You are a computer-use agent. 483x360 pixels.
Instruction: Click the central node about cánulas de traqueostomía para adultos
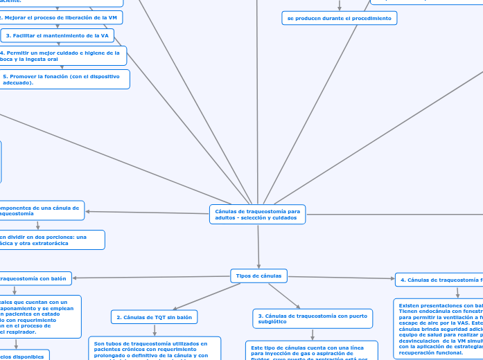[x=257, y=214]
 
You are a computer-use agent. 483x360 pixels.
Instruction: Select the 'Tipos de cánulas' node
[x=258, y=276]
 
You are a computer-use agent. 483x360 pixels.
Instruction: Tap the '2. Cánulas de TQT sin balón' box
[x=155, y=316]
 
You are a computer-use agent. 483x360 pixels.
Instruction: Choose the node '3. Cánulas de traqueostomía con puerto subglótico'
[x=312, y=318]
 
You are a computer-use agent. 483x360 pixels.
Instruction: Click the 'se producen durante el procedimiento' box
[x=340, y=18]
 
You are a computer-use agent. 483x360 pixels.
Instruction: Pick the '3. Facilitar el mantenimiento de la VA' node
[x=57, y=35]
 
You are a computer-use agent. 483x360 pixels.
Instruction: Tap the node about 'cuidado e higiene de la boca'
[x=61, y=55]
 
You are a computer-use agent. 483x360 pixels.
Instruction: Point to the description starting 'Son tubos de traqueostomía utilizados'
[x=155, y=348]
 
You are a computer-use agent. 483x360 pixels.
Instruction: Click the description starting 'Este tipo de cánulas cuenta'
[x=312, y=350]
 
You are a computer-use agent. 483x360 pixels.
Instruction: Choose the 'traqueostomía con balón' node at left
[x=35, y=278]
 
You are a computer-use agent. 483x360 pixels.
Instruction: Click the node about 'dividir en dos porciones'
[x=51, y=240]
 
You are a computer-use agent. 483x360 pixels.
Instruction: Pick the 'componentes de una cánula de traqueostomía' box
[x=41, y=210]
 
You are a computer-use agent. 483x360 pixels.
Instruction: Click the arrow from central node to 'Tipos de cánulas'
[x=258, y=246]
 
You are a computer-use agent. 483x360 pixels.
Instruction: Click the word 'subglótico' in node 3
[x=272, y=322]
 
